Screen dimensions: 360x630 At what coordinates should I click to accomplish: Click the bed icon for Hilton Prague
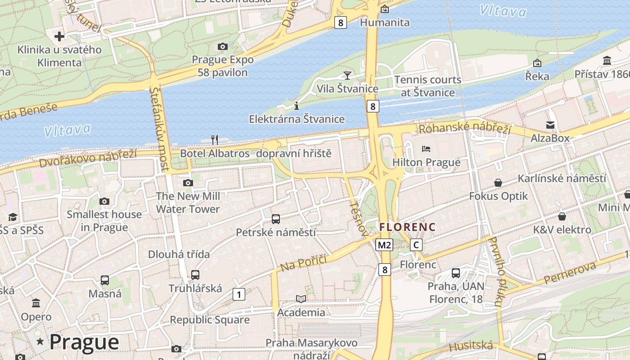pos(426,148)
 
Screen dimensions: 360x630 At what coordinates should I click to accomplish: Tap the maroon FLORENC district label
pos(407,227)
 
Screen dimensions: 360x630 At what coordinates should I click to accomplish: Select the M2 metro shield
pos(384,245)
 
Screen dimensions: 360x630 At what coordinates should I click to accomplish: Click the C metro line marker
pos(417,245)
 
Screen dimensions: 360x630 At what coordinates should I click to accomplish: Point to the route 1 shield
pos(239,294)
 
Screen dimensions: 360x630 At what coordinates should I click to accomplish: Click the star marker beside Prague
pos(40,342)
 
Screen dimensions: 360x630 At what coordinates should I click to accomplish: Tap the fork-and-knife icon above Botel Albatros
pos(215,139)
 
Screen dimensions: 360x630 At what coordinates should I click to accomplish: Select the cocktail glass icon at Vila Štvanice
pos(347,75)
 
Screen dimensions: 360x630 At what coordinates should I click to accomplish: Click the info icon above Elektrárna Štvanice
pos(296,106)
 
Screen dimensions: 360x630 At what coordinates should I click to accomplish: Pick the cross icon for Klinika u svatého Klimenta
pos(59,36)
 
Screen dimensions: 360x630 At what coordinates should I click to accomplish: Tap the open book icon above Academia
pos(301,299)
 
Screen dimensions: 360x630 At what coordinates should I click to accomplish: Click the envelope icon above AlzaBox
pos(550,125)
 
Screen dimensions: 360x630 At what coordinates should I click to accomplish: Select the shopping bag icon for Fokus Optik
pos(498,183)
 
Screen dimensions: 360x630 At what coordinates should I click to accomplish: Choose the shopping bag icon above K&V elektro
pos(562,217)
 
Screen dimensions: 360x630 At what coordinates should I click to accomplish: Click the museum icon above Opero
pos(36,303)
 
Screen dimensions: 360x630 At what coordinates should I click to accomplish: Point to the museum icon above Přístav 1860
pos(607,61)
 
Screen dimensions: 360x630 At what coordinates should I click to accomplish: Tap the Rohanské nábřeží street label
pos(465,128)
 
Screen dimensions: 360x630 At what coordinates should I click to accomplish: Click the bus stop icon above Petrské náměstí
pos(276,219)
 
